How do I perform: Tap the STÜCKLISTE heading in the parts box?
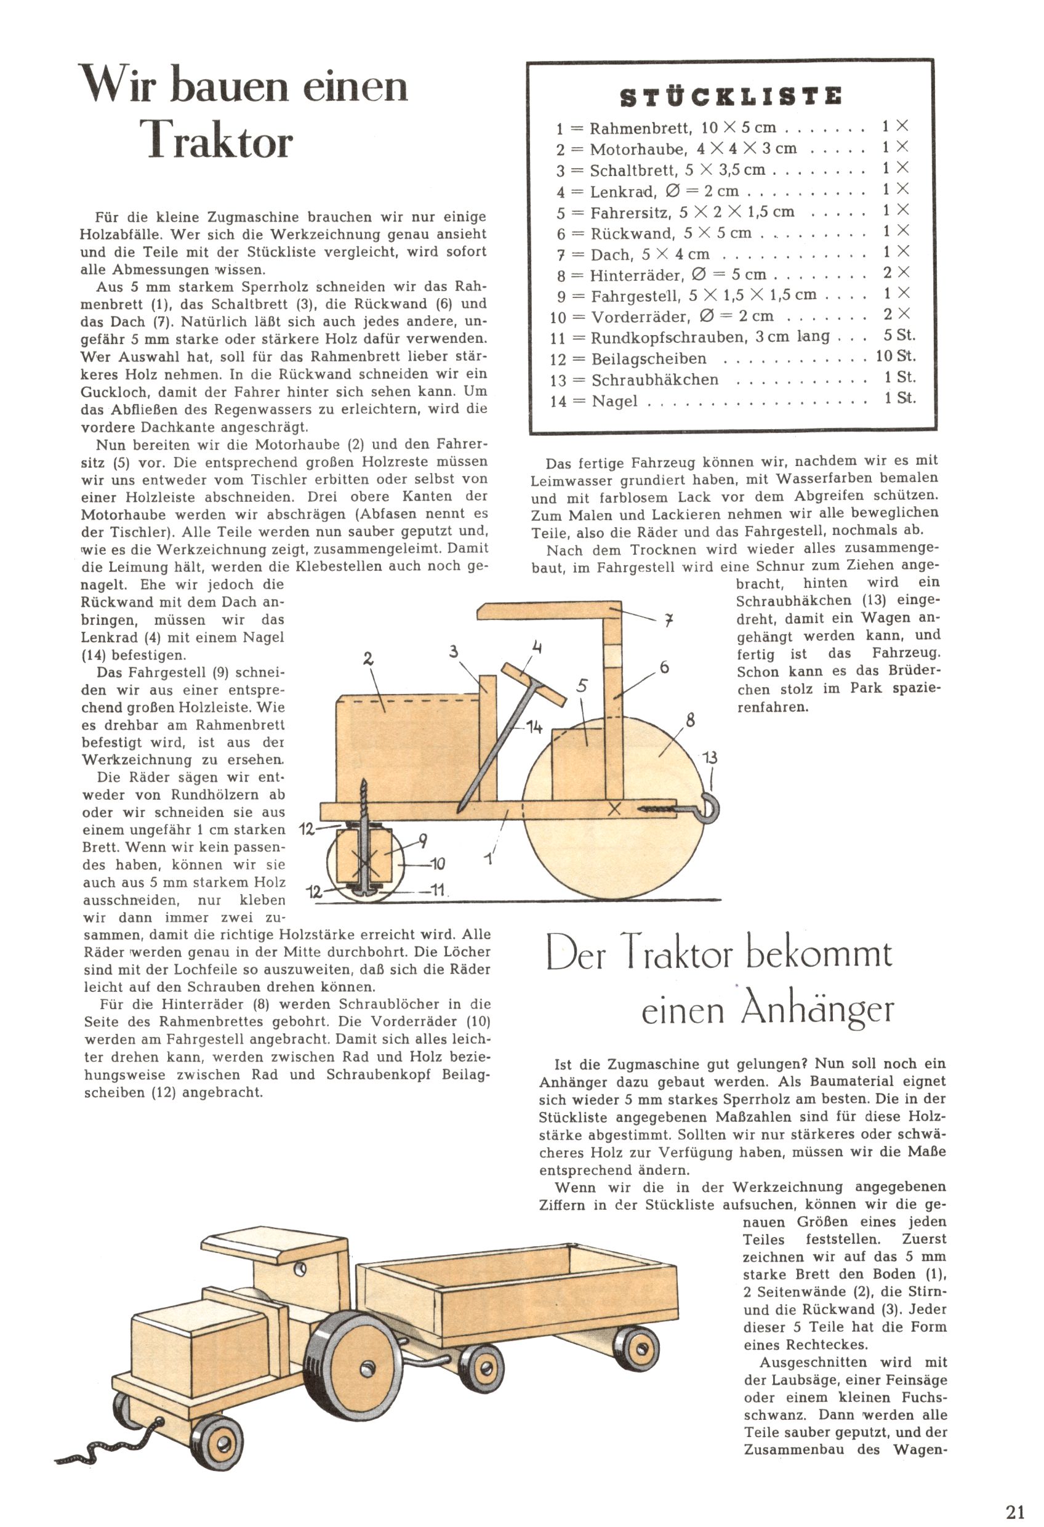[x=731, y=97]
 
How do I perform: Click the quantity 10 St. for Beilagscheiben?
[x=896, y=356]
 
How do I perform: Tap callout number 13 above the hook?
[x=710, y=757]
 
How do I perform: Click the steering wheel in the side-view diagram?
[x=534, y=684]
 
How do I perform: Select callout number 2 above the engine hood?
[x=368, y=658]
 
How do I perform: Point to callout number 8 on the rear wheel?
[x=690, y=721]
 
